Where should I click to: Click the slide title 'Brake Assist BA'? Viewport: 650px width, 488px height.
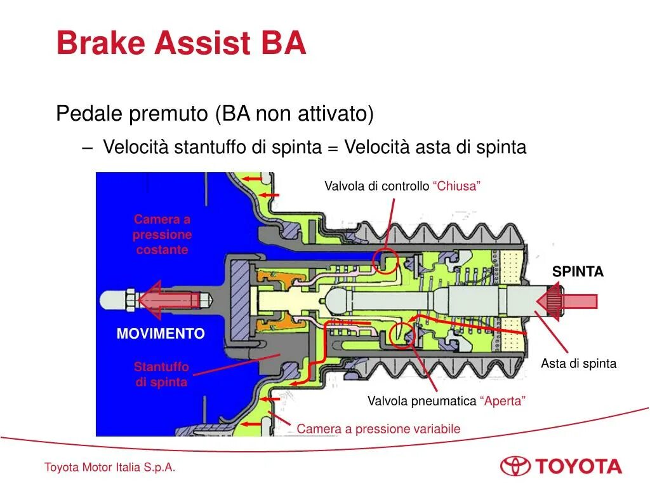click(x=181, y=43)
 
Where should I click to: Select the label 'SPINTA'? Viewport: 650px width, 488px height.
click(x=578, y=272)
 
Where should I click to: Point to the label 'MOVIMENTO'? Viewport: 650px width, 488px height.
click(x=161, y=334)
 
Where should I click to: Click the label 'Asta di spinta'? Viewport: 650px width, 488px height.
click(x=578, y=364)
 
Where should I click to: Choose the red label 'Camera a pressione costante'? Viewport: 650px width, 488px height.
click(x=162, y=234)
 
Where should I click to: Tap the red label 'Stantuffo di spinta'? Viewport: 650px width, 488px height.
click(x=161, y=375)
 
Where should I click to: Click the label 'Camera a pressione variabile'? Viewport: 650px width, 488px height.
click(x=378, y=429)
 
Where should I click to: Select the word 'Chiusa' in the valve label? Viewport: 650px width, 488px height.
click(x=456, y=186)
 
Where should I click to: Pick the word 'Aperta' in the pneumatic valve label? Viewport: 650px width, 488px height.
click(x=503, y=401)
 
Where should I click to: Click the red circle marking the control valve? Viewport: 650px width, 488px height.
click(x=386, y=261)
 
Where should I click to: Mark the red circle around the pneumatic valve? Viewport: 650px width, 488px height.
click(x=401, y=334)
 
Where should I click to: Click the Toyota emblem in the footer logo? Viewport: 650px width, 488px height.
click(x=515, y=466)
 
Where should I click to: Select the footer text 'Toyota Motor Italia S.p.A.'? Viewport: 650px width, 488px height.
click(x=110, y=468)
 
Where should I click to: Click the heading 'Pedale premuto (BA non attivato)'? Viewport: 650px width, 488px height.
click(x=215, y=114)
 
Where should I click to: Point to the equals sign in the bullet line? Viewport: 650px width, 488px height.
click(x=333, y=148)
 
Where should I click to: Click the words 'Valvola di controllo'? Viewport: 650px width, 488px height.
click(x=377, y=186)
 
